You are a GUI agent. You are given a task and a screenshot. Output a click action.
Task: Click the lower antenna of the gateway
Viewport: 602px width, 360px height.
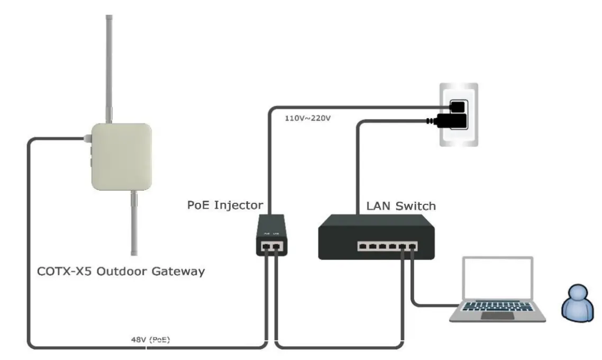(134, 222)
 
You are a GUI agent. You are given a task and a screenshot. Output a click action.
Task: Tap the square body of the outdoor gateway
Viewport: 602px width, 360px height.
(122, 157)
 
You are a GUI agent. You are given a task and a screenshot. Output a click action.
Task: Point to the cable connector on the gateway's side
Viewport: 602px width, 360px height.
(87, 139)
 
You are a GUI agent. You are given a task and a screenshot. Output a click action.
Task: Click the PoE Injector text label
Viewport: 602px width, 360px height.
(225, 205)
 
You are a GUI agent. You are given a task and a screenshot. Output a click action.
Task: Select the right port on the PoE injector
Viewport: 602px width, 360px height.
(277, 246)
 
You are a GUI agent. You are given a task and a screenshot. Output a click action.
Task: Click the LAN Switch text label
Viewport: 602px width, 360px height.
(401, 206)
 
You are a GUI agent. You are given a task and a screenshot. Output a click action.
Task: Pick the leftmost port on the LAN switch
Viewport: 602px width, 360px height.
(362, 246)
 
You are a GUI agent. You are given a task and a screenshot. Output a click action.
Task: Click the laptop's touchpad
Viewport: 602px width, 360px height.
(497, 316)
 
